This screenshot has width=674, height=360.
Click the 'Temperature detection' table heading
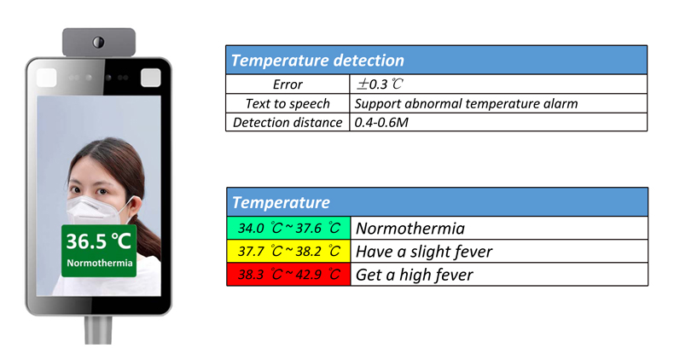point(317,61)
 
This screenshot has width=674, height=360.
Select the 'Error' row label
point(288,84)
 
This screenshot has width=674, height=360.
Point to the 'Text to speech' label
point(288,103)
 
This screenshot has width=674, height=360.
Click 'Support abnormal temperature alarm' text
point(466,103)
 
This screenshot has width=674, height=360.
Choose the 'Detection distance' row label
point(288,123)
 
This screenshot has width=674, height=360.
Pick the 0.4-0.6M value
point(381,123)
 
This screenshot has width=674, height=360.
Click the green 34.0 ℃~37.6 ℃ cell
point(289,228)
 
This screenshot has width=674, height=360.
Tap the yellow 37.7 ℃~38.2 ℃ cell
point(289,251)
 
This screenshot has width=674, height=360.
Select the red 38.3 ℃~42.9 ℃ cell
point(289,274)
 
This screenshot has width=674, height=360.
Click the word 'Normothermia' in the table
point(410,228)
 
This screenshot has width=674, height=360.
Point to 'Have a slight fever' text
point(424,252)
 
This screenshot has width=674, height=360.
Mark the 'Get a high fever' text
point(415,275)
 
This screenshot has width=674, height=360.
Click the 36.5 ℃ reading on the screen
point(98,241)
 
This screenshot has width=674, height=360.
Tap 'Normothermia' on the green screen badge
point(99,263)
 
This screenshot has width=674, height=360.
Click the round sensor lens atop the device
point(98,42)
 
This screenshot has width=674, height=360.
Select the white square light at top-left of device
point(46,78)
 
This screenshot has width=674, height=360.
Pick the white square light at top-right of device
point(150,78)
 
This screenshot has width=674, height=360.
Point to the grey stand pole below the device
point(98,330)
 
